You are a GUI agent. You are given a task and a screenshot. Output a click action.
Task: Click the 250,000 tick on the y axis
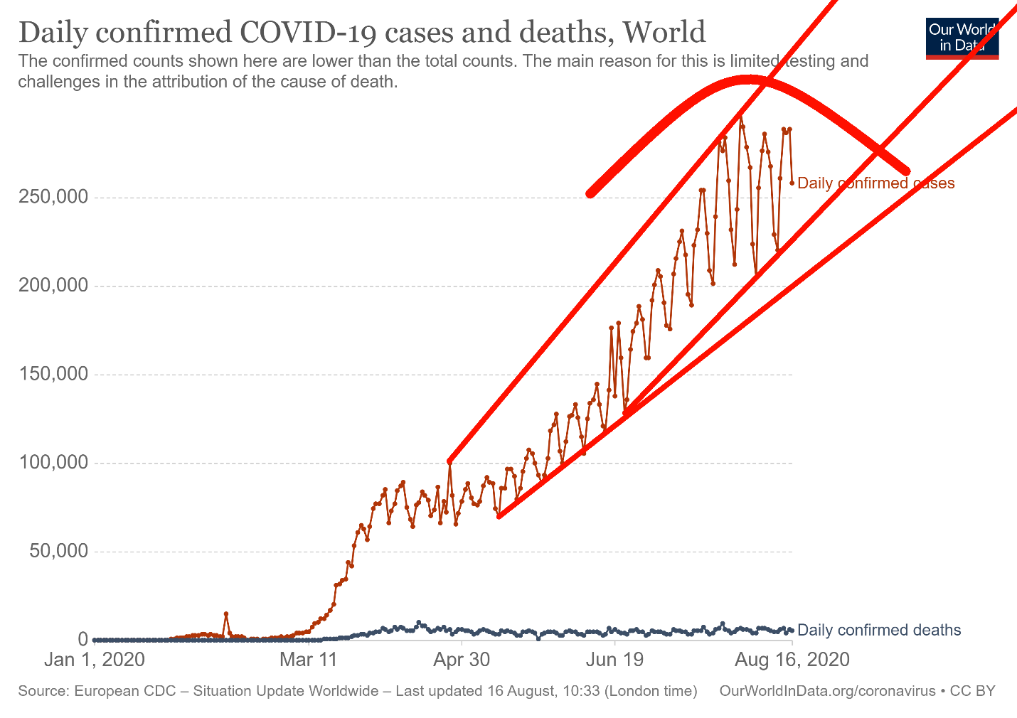tap(53, 197)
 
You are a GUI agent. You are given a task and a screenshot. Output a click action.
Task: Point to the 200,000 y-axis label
tap(53, 286)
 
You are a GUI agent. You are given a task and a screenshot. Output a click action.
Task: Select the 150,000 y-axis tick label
tap(53, 375)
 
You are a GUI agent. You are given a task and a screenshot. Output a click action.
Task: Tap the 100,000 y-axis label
tap(53, 464)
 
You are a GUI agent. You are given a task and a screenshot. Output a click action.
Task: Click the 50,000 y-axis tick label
tap(59, 552)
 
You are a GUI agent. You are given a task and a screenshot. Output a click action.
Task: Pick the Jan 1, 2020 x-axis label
tap(95, 660)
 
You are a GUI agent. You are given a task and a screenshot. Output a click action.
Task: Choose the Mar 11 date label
tap(309, 660)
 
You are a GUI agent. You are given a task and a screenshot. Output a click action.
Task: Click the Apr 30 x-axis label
tap(462, 660)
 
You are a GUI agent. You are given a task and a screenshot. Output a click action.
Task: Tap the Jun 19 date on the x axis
tap(614, 660)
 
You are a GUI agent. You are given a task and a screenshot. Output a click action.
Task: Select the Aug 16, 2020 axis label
tap(792, 660)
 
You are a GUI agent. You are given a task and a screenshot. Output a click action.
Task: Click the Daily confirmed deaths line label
tap(879, 630)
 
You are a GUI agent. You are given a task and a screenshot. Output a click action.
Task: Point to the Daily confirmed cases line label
tap(875, 183)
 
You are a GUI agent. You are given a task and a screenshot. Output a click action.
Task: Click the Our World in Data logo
tap(962, 38)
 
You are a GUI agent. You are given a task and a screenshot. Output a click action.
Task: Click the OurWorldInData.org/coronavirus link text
tap(828, 691)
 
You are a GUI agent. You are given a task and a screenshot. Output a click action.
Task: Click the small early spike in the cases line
tap(225, 613)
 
